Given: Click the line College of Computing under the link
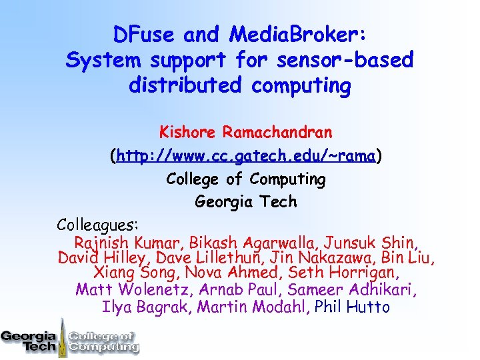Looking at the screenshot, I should (x=245, y=179).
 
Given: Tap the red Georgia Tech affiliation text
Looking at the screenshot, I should (x=245, y=201).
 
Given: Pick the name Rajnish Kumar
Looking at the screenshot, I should (x=129, y=243).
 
